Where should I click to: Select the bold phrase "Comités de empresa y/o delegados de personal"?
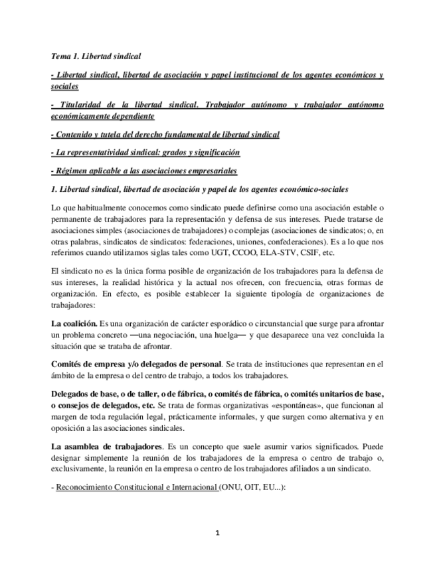point(136,364)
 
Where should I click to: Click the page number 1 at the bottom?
point(217,532)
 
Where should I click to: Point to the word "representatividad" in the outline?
point(108,152)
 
